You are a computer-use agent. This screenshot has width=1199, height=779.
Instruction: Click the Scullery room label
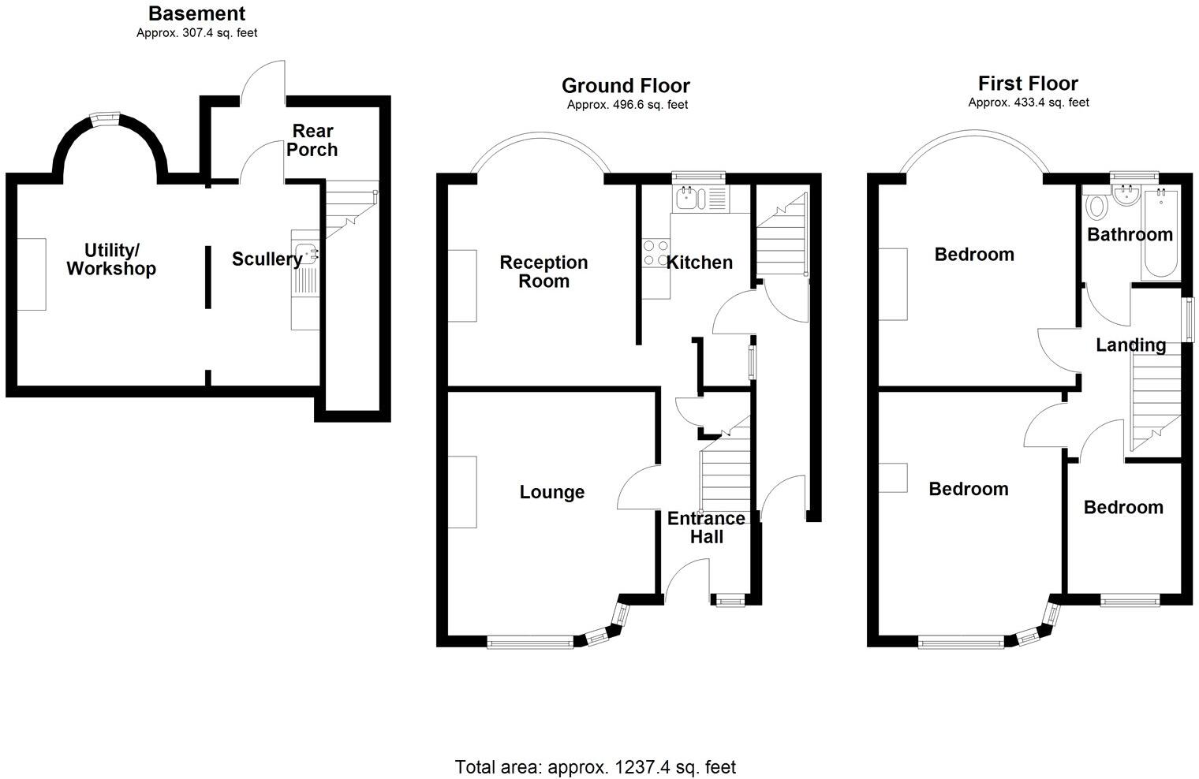pyautogui.click(x=267, y=259)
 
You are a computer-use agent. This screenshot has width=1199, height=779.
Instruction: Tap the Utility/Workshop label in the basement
pyautogui.click(x=111, y=259)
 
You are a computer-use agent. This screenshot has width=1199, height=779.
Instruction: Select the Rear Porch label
pyautogui.click(x=312, y=140)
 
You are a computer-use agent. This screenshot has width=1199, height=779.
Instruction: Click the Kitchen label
pyautogui.click(x=700, y=263)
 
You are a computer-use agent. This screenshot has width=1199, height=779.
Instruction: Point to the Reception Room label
pyautogui.click(x=543, y=271)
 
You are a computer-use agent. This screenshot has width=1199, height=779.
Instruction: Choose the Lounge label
pyautogui.click(x=552, y=492)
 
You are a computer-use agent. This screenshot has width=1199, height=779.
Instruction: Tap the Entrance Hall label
pyautogui.click(x=706, y=527)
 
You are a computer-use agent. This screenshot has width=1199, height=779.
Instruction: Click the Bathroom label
pyautogui.click(x=1130, y=234)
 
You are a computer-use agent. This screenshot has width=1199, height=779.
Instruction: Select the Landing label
pyautogui.click(x=1130, y=345)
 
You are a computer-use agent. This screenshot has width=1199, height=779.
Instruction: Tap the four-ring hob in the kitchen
pyautogui.click(x=655, y=253)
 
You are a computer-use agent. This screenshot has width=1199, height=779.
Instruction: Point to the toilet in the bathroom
pyautogui.click(x=1096, y=207)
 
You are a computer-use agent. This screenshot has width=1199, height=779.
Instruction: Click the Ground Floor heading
pyautogui.click(x=626, y=85)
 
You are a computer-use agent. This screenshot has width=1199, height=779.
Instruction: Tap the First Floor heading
pyautogui.click(x=1028, y=83)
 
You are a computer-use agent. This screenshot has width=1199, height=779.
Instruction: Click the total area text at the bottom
pyautogui.click(x=596, y=766)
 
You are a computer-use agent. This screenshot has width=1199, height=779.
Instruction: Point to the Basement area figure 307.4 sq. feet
pyautogui.click(x=196, y=33)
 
